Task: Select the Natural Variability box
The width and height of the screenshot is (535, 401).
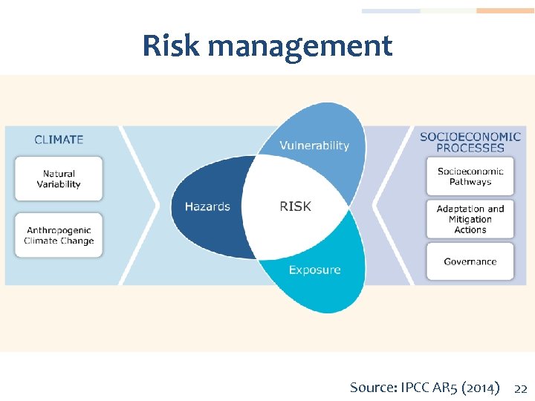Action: (x=59, y=179)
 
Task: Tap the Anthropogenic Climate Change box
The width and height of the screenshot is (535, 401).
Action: (x=59, y=235)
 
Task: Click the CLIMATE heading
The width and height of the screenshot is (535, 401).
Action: (x=59, y=139)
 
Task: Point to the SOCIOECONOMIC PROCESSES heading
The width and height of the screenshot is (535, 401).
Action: (x=470, y=142)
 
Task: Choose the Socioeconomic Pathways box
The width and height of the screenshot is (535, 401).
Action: (x=470, y=177)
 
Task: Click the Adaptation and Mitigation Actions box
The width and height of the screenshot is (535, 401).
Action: (x=470, y=219)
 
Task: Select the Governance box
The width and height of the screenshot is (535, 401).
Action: (x=470, y=261)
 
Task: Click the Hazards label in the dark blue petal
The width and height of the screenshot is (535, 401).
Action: (x=207, y=206)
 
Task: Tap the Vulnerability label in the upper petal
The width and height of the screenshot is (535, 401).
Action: (x=314, y=146)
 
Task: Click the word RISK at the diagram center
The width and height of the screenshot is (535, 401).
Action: (x=295, y=206)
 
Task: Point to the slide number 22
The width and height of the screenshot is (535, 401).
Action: (x=521, y=388)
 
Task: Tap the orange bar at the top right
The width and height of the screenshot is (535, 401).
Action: (x=505, y=11)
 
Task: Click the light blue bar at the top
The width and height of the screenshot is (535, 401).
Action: (x=391, y=11)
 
